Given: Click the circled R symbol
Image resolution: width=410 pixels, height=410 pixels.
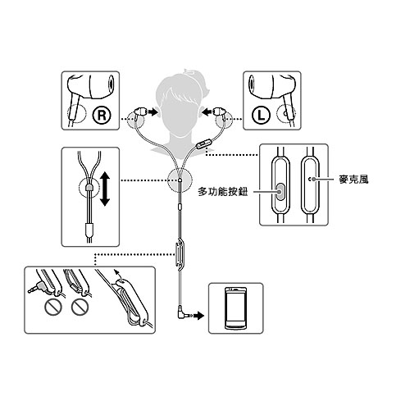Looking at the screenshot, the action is pyautogui.click(x=102, y=115).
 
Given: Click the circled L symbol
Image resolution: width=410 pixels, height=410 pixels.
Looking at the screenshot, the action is pyautogui.click(x=261, y=115).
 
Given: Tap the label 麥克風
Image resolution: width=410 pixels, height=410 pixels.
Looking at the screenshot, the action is pyautogui.click(x=353, y=180).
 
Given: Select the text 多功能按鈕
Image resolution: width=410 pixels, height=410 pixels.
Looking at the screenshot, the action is pyautogui.click(x=223, y=192).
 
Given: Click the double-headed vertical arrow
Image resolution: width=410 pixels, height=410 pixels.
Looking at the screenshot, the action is pyautogui.click(x=105, y=189).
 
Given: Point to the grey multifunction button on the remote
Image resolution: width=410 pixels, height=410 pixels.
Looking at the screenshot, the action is pyautogui.click(x=280, y=192).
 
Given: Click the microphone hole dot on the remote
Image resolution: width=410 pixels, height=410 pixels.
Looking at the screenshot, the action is pyautogui.click(x=314, y=179).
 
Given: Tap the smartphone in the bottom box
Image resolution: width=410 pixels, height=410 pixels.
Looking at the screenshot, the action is pyautogui.click(x=235, y=308).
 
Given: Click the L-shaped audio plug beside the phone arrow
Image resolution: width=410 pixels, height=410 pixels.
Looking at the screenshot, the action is pyautogui.click(x=184, y=313).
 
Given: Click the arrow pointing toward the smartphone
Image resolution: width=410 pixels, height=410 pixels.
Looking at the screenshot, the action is pyautogui.click(x=199, y=316).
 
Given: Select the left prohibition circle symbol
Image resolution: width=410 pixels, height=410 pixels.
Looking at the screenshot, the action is pyautogui.click(x=52, y=307).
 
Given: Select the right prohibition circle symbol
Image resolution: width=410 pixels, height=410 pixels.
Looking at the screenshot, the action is pyautogui.click(x=80, y=307).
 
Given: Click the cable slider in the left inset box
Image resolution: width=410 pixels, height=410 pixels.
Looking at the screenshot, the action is pyautogui.click(x=89, y=188).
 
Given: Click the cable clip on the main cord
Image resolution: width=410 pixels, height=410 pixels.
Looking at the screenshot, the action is pyautogui.click(x=180, y=254).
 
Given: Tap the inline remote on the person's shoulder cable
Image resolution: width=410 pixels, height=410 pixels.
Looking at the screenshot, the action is pyautogui.click(x=202, y=144).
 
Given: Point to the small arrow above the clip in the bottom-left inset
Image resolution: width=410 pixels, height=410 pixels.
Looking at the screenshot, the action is pyautogui.click(x=117, y=274).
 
